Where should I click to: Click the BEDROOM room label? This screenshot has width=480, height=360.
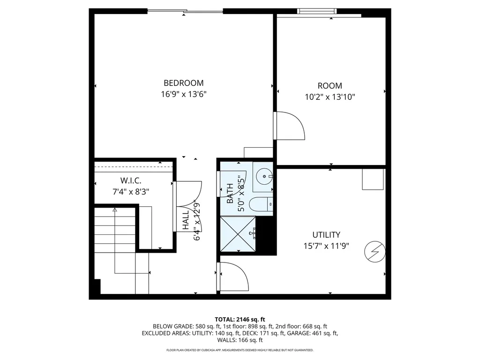coord(184,83)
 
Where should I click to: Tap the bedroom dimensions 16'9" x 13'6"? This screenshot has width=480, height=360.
coord(184,94)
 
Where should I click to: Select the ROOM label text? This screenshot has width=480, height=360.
coord(330,86)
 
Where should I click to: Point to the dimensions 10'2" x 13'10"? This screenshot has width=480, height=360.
coord(330,97)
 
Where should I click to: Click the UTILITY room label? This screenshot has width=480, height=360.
coord(326,235)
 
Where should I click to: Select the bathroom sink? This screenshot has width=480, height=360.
coord(265,177)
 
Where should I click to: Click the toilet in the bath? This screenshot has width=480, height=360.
coord(260,205)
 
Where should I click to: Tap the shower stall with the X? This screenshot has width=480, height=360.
coord(238,234)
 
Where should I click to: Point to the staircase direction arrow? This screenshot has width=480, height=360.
coord(115,211)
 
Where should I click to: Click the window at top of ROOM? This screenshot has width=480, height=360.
coord(317,11)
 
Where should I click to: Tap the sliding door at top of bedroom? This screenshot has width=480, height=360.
coord(185,11)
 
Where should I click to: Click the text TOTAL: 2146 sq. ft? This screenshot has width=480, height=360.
coord(240,319)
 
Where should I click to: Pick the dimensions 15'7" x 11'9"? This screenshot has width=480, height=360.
coord(326,246)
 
